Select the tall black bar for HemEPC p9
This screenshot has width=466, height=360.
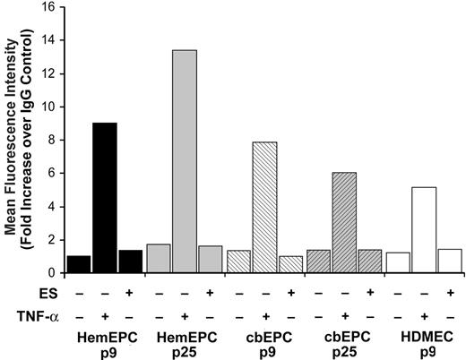coord(105,197)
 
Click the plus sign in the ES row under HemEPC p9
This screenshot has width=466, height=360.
coord(131,292)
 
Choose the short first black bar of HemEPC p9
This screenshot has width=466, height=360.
coord(79,264)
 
